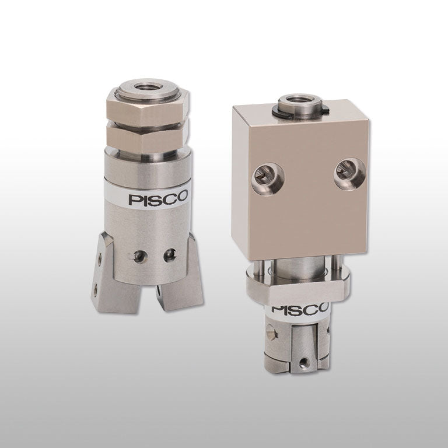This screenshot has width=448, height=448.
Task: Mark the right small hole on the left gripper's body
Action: (170, 253)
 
